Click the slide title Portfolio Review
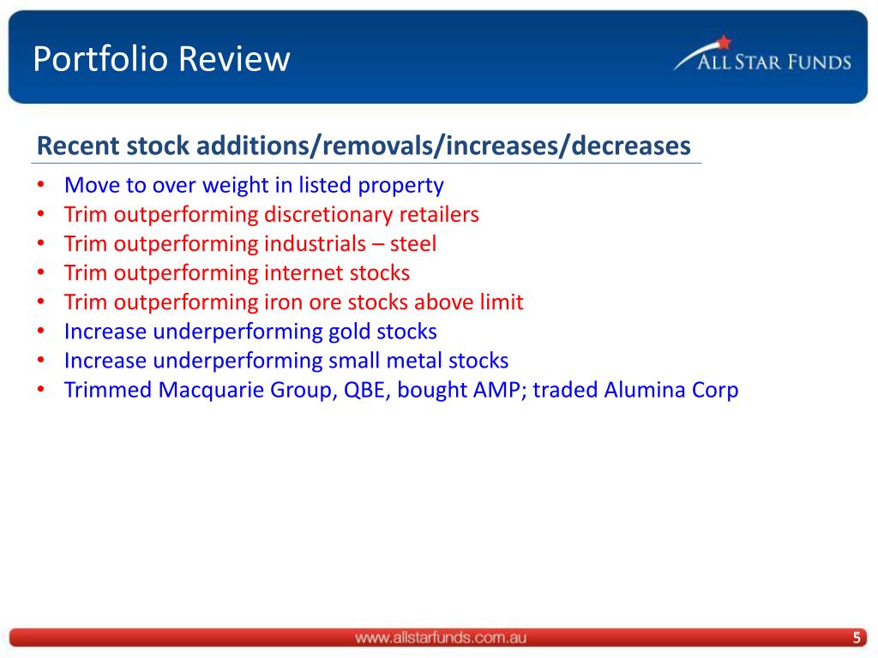click(x=161, y=59)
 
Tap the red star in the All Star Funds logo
click(x=724, y=42)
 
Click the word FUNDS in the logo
click(x=819, y=62)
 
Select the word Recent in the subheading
click(x=78, y=146)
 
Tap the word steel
click(x=413, y=244)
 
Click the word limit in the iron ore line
click(x=502, y=302)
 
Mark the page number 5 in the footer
click(x=857, y=637)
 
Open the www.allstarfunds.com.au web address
click(x=440, y=637)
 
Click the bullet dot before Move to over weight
click(x=41, y=184)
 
